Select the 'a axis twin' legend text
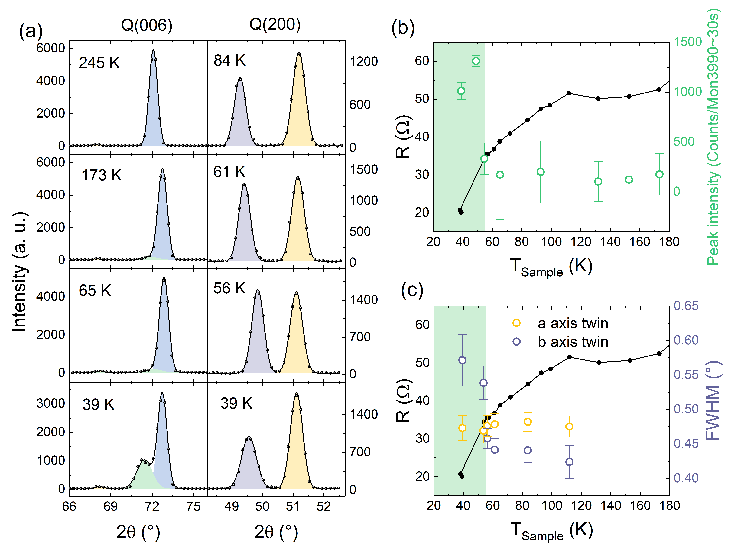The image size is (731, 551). (x=573, y=323)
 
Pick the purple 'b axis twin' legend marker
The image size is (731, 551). (x=517, y=342)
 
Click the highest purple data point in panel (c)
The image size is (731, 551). (x=462, y=360)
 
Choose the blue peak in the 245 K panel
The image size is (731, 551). (x=153, y=99)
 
